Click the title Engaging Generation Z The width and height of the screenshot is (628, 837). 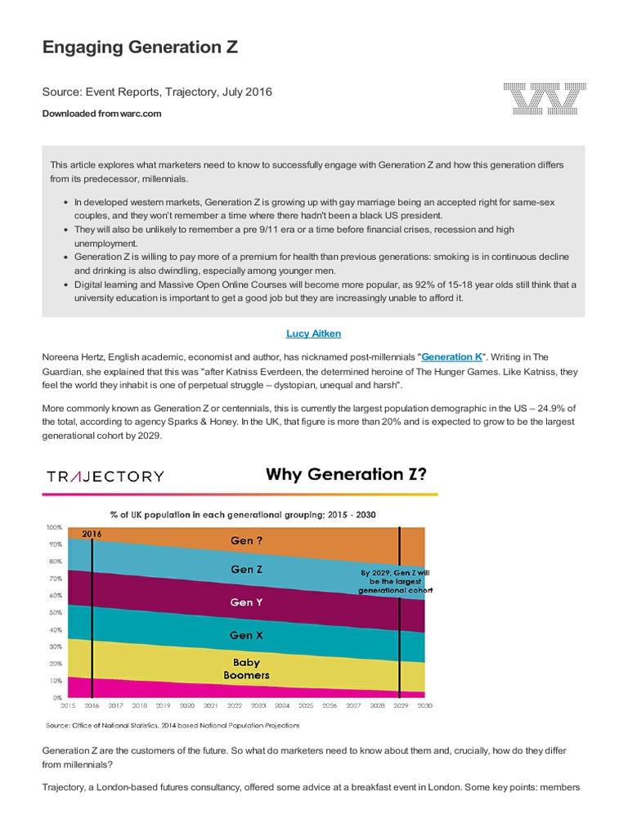140,47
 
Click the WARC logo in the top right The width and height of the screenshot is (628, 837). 545,99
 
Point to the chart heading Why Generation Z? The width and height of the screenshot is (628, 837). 344,474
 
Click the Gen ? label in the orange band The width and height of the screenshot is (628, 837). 246,540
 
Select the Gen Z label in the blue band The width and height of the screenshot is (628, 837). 246,570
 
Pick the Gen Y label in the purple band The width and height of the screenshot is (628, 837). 246,602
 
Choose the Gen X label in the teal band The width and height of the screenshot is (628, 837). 246,635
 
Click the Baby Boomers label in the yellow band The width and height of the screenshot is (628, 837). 246,669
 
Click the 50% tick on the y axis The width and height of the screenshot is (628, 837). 54,612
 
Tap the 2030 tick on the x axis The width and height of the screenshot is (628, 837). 424,705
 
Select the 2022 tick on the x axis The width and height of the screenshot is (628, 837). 234,705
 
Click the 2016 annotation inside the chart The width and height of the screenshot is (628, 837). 92,534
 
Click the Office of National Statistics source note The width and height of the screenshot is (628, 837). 173,725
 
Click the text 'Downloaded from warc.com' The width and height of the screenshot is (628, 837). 101,114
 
